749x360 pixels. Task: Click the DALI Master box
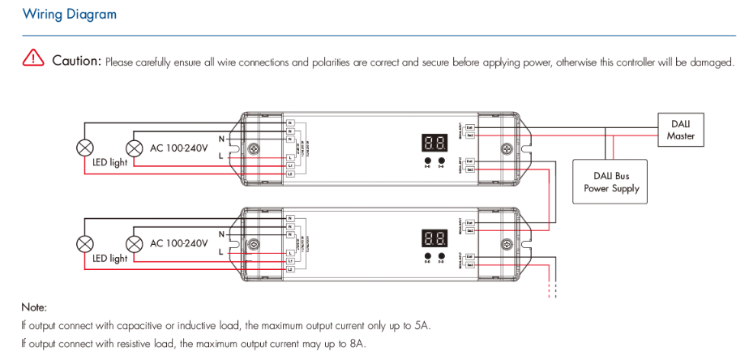pyautogui.click(x=680, y=130)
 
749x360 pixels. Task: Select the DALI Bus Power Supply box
pyautogui.click(x=611, y=182)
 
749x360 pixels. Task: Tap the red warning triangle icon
pyautogui.click(x=33, y=58)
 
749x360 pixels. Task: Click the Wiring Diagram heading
pyautogui.click(x=70, y=15)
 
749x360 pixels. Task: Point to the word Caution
pyautogui.click(x=76, y=61)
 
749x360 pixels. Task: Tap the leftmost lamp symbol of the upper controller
pyautogui.click(x=84, y=148)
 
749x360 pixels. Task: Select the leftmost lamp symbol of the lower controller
pyautogui.click(x=84, y=243)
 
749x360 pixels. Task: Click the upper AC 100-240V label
pyautogui.click(x=179, y=148)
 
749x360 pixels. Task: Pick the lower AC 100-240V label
pyautogui.click(x=179, y=243)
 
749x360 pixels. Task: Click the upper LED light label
pyautogui.click(x=109, y=163)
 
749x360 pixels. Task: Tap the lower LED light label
pyautogui.click(x=109, y=259)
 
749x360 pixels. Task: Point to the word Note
pyautogui.click(x=34, y=307)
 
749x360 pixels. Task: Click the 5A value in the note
pyautogui.click(x=421, y=326)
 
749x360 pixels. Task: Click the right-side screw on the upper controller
pyautogui.click(x=508, y=149)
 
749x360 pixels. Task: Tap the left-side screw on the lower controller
pyautogui.click(x=252, y=244)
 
